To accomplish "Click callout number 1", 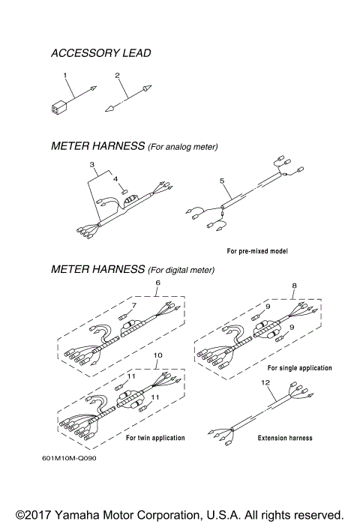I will click(65, 75).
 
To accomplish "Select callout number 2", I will click(118, 75).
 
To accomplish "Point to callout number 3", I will click(91, 163).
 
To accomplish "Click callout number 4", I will click(115, 179).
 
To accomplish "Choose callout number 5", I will click(221, 181).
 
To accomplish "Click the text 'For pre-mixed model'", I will click(257, 250).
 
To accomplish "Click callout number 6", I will click(157, 283).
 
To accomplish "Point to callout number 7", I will click(134, 305).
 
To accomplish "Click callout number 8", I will click(294, 286).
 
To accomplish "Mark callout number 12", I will click(263, 382).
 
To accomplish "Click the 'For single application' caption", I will click(299, 368).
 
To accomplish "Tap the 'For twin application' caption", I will click(155, 438).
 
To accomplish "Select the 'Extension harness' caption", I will click(285, 438).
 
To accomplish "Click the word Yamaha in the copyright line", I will click(75, 515).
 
